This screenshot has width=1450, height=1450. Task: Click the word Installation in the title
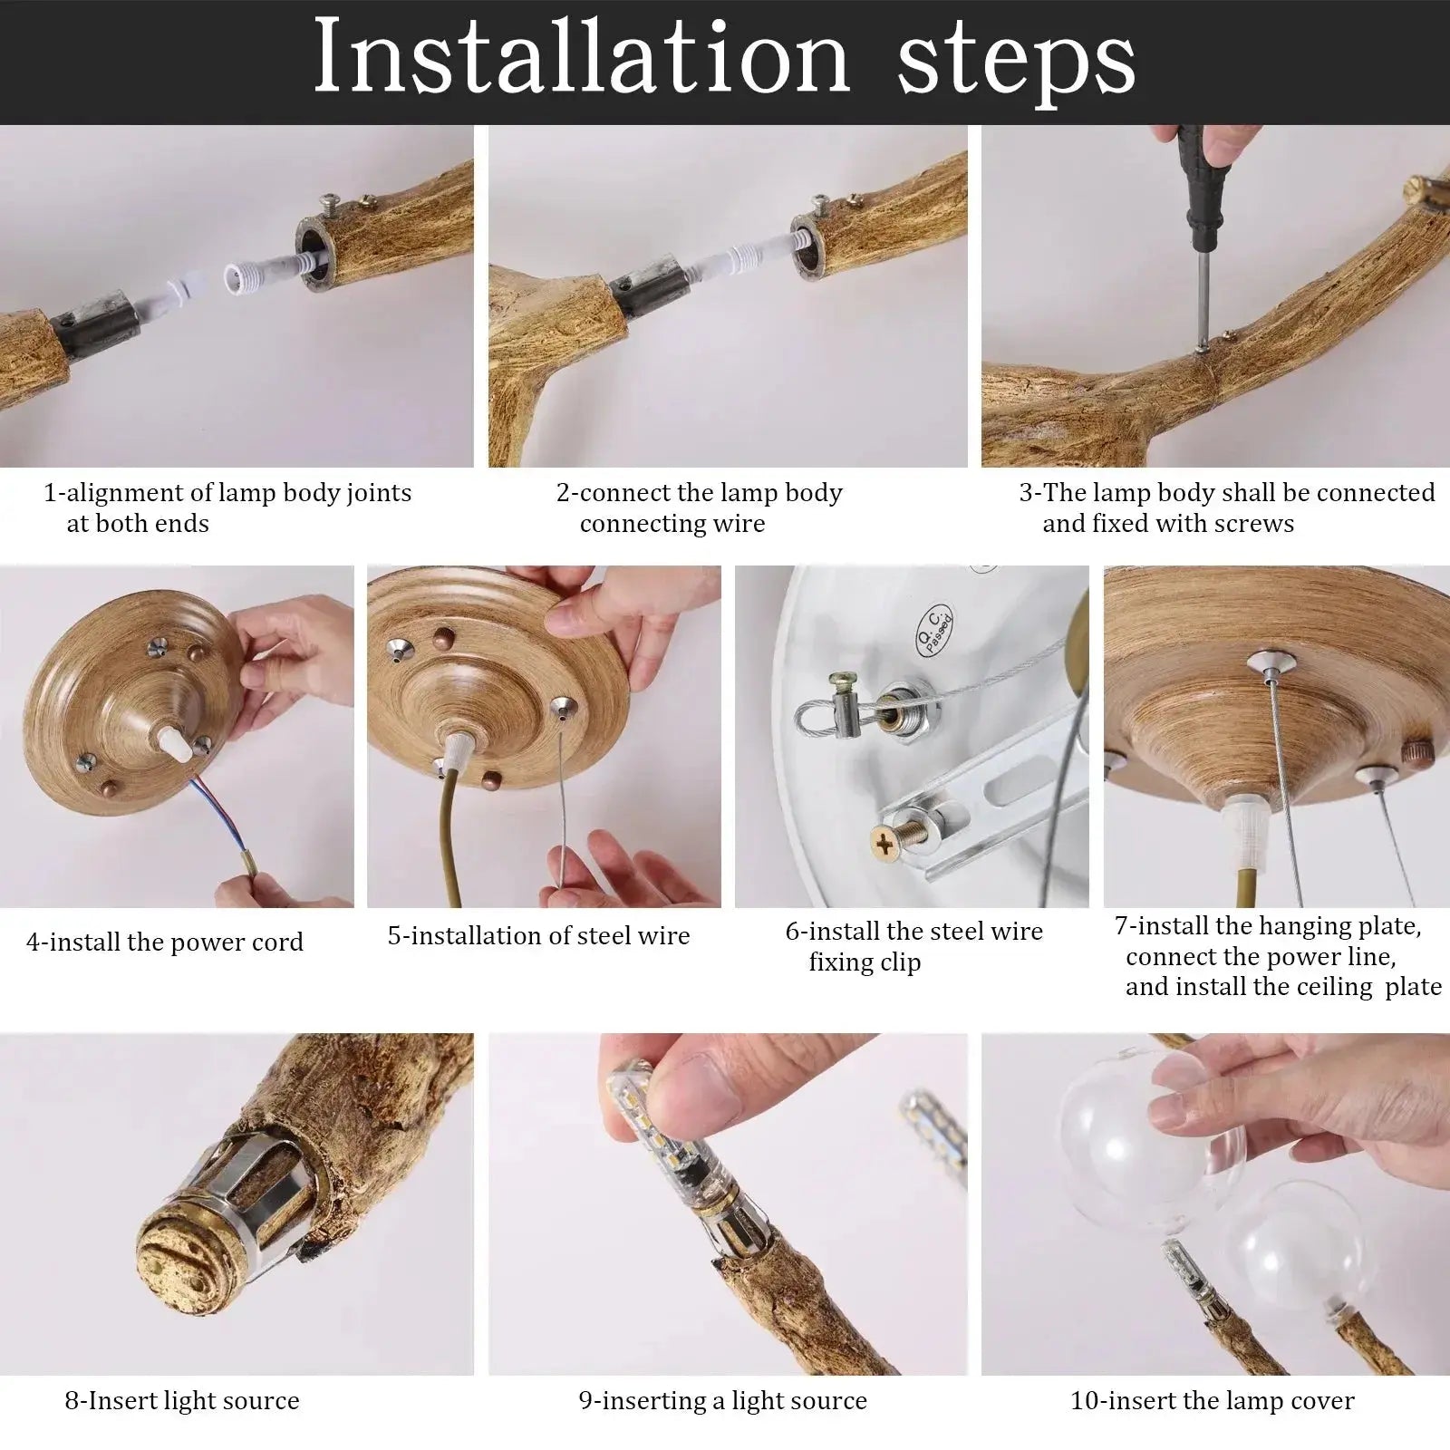coord(581,59)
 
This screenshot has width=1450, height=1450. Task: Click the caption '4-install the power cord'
coord(164,942)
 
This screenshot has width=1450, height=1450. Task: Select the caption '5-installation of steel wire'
coord(538,935)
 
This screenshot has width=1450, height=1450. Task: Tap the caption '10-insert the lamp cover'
coord(1212,1400)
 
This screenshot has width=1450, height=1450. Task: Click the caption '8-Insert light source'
coord(181,1400)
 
